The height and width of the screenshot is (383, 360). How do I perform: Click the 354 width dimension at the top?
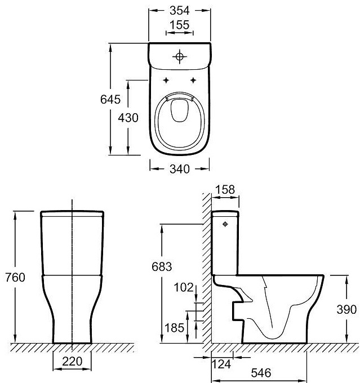180,10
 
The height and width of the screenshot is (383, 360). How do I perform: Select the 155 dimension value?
180,25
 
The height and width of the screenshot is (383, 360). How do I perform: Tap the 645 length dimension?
110,99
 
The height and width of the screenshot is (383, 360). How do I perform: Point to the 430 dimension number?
128,118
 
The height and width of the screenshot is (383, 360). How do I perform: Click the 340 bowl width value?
180,169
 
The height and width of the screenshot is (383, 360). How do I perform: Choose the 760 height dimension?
15,278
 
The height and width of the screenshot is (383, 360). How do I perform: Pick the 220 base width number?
72,361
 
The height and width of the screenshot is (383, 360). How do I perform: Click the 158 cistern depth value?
225,190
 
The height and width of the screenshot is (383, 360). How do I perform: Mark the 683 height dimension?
162,266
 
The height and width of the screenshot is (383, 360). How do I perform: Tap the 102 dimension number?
184,287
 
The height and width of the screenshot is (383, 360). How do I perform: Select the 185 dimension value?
174,328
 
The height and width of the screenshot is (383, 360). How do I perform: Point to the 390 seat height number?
346,309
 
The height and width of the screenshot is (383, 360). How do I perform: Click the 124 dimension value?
221,364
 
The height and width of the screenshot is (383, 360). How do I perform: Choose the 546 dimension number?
261,373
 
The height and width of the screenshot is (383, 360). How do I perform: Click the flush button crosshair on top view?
180,57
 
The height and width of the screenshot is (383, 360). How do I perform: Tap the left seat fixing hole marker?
166,80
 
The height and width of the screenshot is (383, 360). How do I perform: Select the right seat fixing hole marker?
193,80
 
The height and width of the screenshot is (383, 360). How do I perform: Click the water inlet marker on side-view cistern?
225,224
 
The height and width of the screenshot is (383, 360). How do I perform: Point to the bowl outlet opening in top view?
180,110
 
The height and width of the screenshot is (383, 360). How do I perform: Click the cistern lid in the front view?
72,213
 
